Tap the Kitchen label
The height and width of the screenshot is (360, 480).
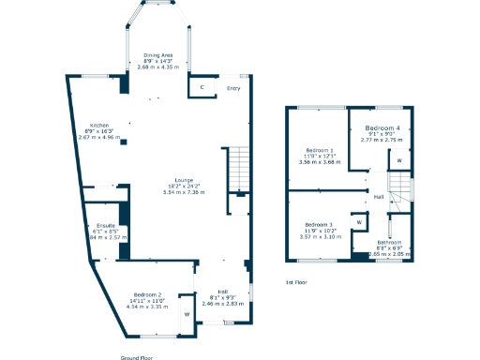click(x=100, y=125)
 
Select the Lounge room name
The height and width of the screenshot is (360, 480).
click(x=184, y=180)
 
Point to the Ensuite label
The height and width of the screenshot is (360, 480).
click(x=105, y=225)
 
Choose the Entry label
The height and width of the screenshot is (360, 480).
click(x=233, y=88)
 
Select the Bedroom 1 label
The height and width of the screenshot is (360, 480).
click(x=320, y=150)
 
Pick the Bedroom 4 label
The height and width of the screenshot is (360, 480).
click(x=382, y=127)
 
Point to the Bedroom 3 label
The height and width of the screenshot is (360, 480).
click(x=320, y=225)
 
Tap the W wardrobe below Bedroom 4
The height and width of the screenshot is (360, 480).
click(x=399, y=160)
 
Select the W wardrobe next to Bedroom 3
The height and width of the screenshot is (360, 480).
click(x=359, y=222)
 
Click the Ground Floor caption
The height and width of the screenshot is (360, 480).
click(x=137, y=357)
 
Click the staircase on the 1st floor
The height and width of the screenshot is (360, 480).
click(x=402, y=190)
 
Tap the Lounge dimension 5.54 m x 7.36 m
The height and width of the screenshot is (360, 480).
click(x=184, y=191)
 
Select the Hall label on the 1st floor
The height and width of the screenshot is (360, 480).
click(x=378, y=197)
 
